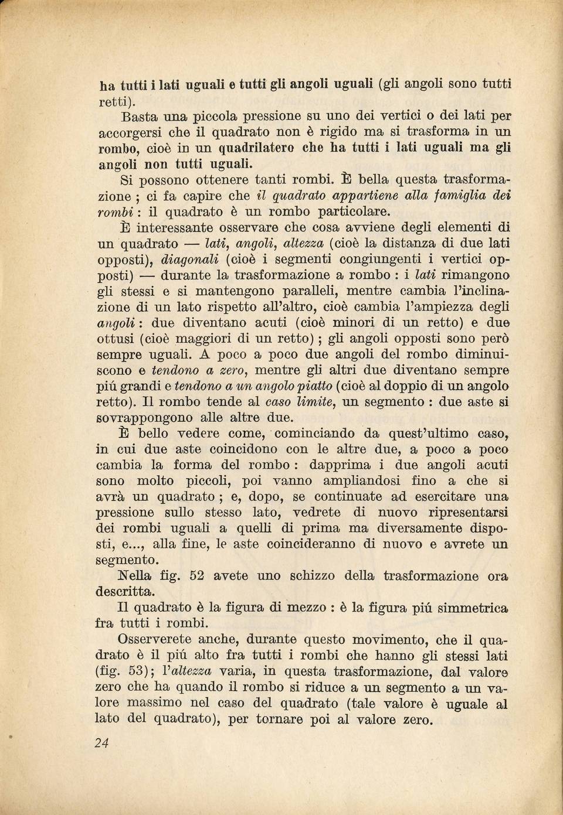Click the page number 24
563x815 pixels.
(101, 742)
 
